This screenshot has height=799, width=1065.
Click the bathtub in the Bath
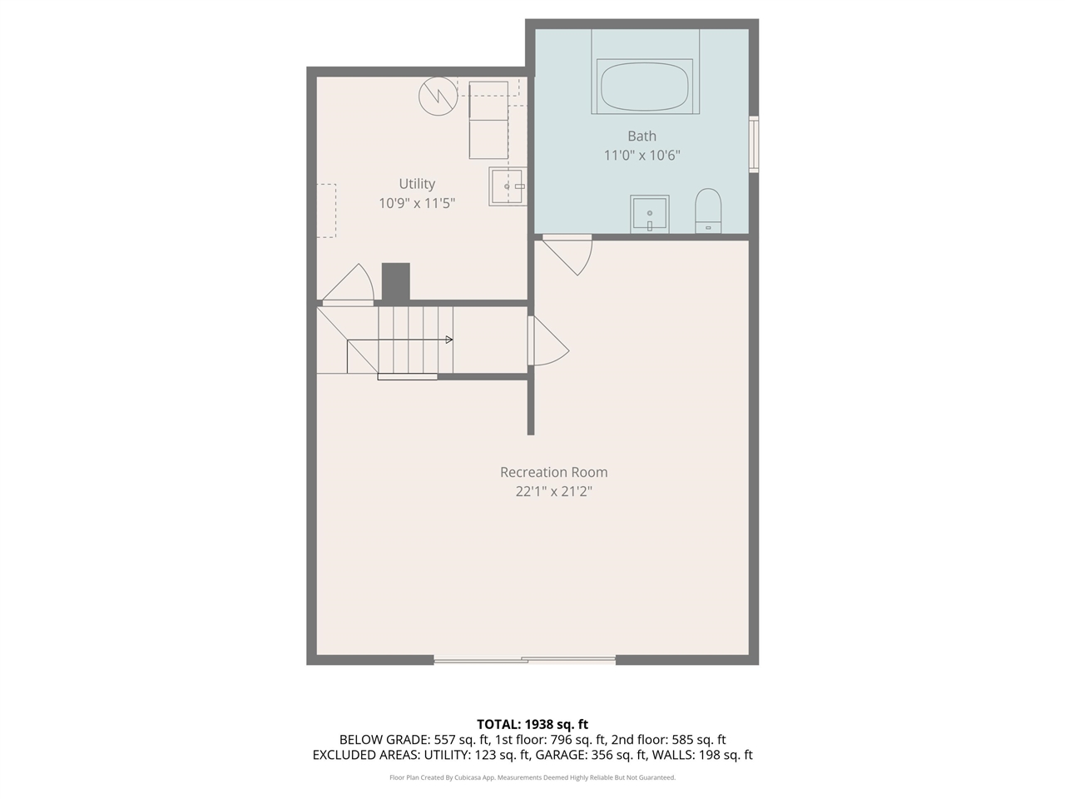[645, 86]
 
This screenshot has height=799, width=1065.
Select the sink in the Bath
[649, 214]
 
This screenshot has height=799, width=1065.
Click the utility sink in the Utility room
[508, 186]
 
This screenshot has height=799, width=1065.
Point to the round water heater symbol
[438, 96]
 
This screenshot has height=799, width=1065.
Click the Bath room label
[641, 136]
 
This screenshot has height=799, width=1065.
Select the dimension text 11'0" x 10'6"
[641, 155]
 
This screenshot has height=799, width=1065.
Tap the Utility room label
[417, 184]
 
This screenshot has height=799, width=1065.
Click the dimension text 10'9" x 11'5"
[417, 203]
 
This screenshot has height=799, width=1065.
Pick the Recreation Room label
[553, 472]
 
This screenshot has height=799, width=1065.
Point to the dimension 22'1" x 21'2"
[553, 491]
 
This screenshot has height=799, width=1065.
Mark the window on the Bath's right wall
[754, 144]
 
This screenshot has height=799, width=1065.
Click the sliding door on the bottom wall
[524, 660]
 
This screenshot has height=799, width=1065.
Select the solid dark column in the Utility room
[396, 281]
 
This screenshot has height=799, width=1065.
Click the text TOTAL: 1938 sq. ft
[532, 724]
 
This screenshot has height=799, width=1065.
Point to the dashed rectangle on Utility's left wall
[326, 211]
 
